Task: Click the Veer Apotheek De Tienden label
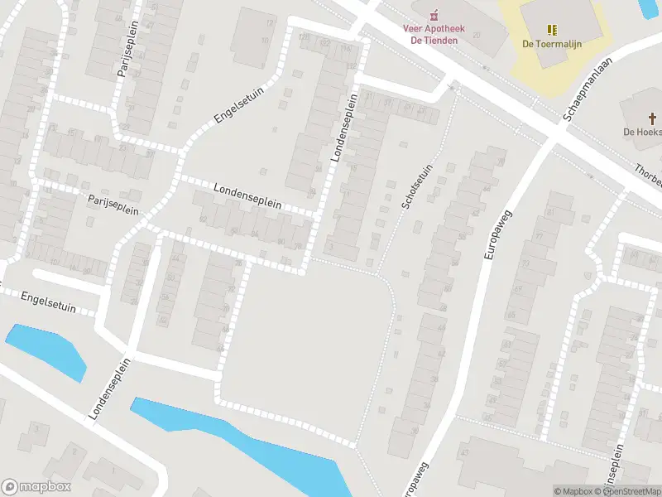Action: (x=434, y=34)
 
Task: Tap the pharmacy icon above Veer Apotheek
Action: (x=434, y=14)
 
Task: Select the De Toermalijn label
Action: (x=550, y=45)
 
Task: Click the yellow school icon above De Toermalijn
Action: (x=551, y=29)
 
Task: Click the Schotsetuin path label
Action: (x=417, y=186)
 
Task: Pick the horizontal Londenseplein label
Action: (x=247, y=196)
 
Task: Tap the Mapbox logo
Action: (x=36, y=487)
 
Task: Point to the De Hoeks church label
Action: (x=642, y=132)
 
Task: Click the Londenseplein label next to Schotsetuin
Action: (x=346, y=127)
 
